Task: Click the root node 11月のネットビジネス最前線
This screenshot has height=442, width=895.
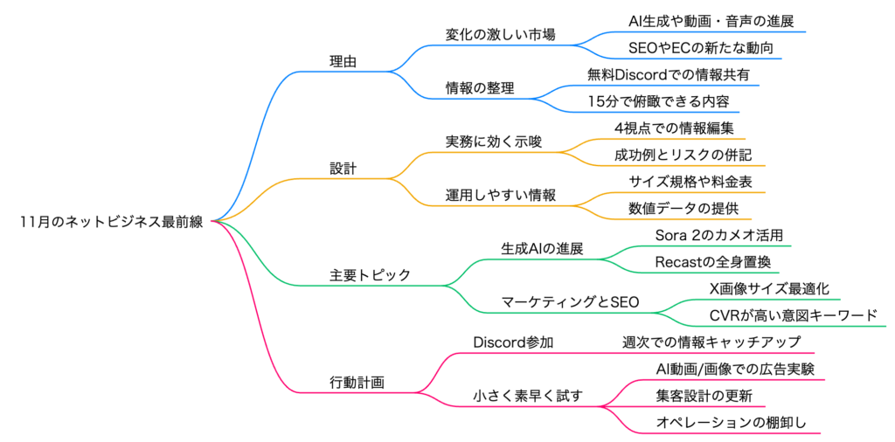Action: coord(111,222)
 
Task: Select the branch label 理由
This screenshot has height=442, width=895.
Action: coord(343,62)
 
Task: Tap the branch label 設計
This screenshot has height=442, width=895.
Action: coord(343,168)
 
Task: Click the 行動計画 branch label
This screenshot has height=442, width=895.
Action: coord(357,382)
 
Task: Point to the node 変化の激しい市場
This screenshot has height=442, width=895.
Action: coord(500,35)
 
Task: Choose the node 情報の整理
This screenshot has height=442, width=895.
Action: coord(480,88)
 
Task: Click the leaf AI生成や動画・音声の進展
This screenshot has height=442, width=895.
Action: coord(711,20)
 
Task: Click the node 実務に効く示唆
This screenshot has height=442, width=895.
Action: coord(493,142)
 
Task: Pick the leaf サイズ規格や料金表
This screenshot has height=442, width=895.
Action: coord(690,182)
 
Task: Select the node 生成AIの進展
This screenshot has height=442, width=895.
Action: coord(542,248)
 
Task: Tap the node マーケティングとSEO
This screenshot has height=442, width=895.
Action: coord(570,302)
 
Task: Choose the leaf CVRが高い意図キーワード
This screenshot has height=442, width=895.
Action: coord(793,315)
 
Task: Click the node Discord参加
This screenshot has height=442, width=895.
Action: coord(513,342)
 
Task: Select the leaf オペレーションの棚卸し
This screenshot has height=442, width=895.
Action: coord(731,423)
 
